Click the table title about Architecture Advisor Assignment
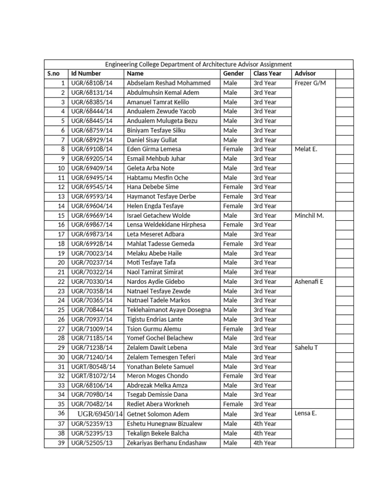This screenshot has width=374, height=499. pyautogui.click(x=199, y=64)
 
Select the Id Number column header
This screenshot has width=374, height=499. pyautogui.click(x=86, y=74)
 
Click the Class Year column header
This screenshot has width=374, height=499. pyautogui.click(x=267, y=74)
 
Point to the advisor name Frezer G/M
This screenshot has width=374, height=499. pyautogui.click(x=310, y=83)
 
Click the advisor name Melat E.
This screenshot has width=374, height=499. pyautogui.click(x=306, y=149)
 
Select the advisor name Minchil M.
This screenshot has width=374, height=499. pyautogui.click(x=309, y=215)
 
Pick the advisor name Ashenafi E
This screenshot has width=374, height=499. pyautogui.click(x=309, y=282)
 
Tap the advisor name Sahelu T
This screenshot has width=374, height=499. pyautogui.click(x=307, y=347)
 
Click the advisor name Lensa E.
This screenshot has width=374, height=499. pyautogui.click(x=306, y=414)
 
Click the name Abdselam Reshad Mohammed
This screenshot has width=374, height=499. pyautogui.click(x=168, y=83)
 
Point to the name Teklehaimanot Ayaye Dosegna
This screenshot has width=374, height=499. pyautogui.click(x=168, y=310)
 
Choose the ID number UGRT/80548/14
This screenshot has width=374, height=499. pyautogui.click(x=93, y=366)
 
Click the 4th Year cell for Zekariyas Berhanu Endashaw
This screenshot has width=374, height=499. pyautogui.click(x=265, y=443)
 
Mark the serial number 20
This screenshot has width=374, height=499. pyautogui.click(x=61, y=263)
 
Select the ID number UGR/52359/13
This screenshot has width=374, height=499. pyautogui.click(x=92, y=424)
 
